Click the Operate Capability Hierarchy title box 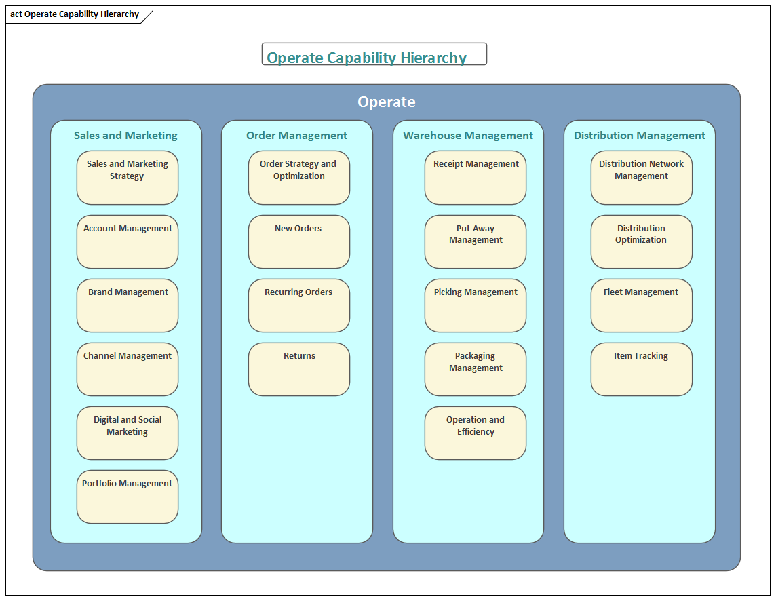coord(374,54)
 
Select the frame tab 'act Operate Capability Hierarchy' coord(75,14)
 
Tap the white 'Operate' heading coord(387,102)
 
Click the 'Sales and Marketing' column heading coord(125,136)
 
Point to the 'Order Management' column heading coord(296,136)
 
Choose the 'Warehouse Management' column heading coord(468,136)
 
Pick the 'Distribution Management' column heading coord(640,136)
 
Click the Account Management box coord(128,241)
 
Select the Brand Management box coord(128,305)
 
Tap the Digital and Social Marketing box coord(128,433)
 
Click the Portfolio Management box coord(128,497)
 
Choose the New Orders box coord(298,241)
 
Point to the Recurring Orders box coord(298,305)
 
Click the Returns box coord(298,369)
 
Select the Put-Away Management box coord(476,241)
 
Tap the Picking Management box coord(476,305)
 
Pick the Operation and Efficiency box coord(476,433)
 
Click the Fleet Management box coord(641,305)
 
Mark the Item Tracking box coord(641,369)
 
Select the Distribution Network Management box coord(641,178)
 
